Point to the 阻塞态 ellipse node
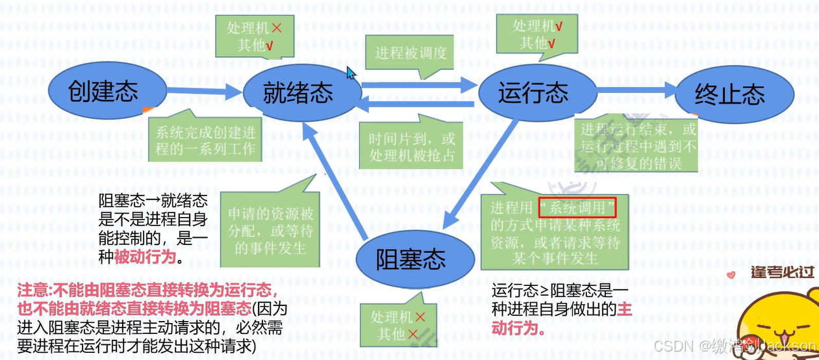411,259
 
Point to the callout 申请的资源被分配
270,231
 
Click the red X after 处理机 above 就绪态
277,28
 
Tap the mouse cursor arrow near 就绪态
351,73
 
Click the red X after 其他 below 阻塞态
412,334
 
